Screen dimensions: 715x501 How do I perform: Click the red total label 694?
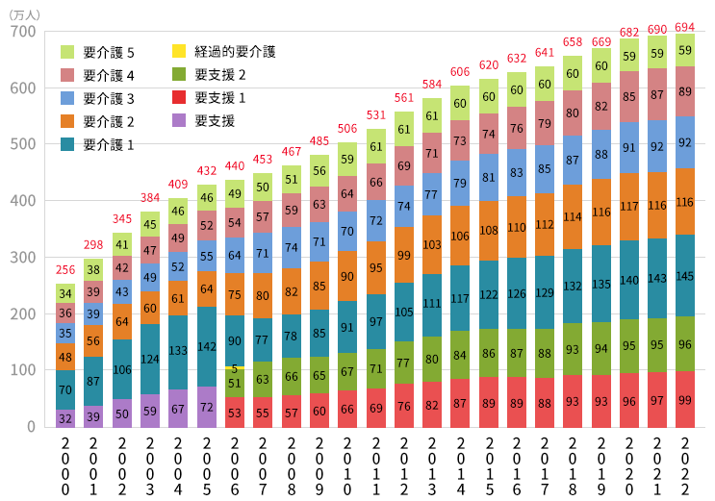(684, 27)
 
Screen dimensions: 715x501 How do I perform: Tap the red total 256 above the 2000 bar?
(65, 270)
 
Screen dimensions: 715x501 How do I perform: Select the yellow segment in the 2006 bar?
(235, 367)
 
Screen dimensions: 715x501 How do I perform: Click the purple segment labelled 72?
(207, 407)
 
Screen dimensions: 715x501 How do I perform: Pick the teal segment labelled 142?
(207, 346)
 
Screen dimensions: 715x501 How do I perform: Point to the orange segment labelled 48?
(65, 357)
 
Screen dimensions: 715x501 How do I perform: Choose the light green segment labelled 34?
(65, 293)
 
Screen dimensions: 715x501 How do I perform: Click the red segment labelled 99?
(684, 399)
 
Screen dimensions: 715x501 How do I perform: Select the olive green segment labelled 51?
(235, 383)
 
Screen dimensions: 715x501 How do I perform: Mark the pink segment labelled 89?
(684, 91)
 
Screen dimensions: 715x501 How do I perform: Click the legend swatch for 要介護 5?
(67, 52)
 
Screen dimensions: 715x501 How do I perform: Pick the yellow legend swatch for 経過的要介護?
(179, 51)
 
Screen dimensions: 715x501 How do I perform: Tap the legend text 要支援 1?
(220, 97)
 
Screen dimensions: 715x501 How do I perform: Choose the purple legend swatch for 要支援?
(179, 120)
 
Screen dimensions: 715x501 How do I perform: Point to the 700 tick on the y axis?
(23, 32)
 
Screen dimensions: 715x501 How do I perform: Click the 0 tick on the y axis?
(31, 427)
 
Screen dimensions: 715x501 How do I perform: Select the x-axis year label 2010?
(347, 466)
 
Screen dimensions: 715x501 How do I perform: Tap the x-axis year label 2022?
(684, 466)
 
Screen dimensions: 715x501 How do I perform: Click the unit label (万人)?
(24, 15)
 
